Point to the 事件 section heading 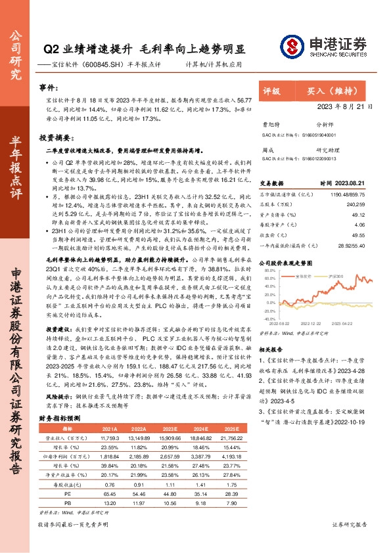(47, 87)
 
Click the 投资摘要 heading (53, 139)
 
